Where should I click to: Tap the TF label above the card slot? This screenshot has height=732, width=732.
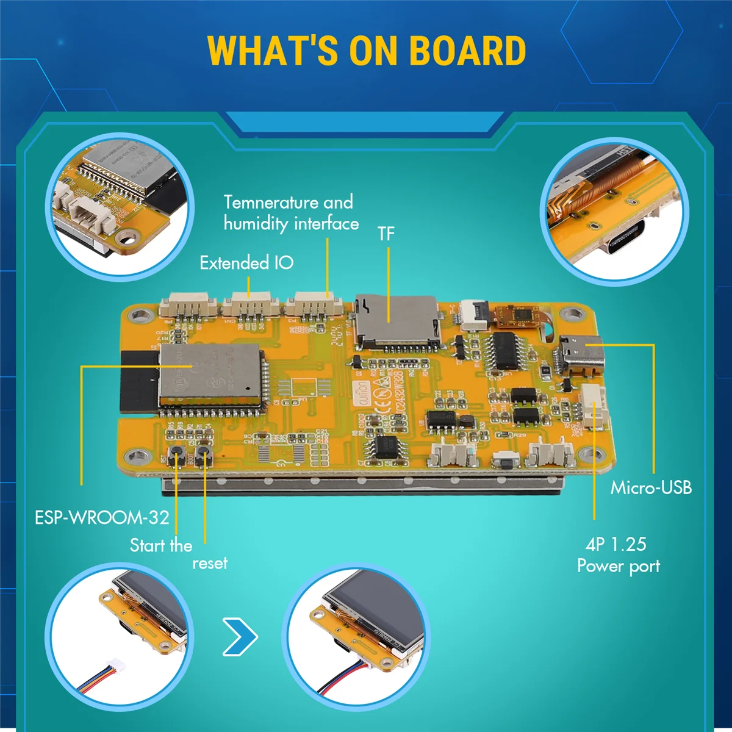(386, 234)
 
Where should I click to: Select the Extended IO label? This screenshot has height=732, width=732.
(246, 263)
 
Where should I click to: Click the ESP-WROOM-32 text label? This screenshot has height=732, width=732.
(101, 518)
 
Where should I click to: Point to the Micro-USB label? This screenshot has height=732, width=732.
(651, 487)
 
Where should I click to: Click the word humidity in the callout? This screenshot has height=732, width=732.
(256, 224)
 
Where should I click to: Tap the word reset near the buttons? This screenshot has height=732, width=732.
(210, 563)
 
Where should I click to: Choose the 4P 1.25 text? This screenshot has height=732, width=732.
(616, 544)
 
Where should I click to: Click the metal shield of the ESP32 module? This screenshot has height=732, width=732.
(210, 373)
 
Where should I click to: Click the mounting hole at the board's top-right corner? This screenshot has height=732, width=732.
(572, 315)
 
